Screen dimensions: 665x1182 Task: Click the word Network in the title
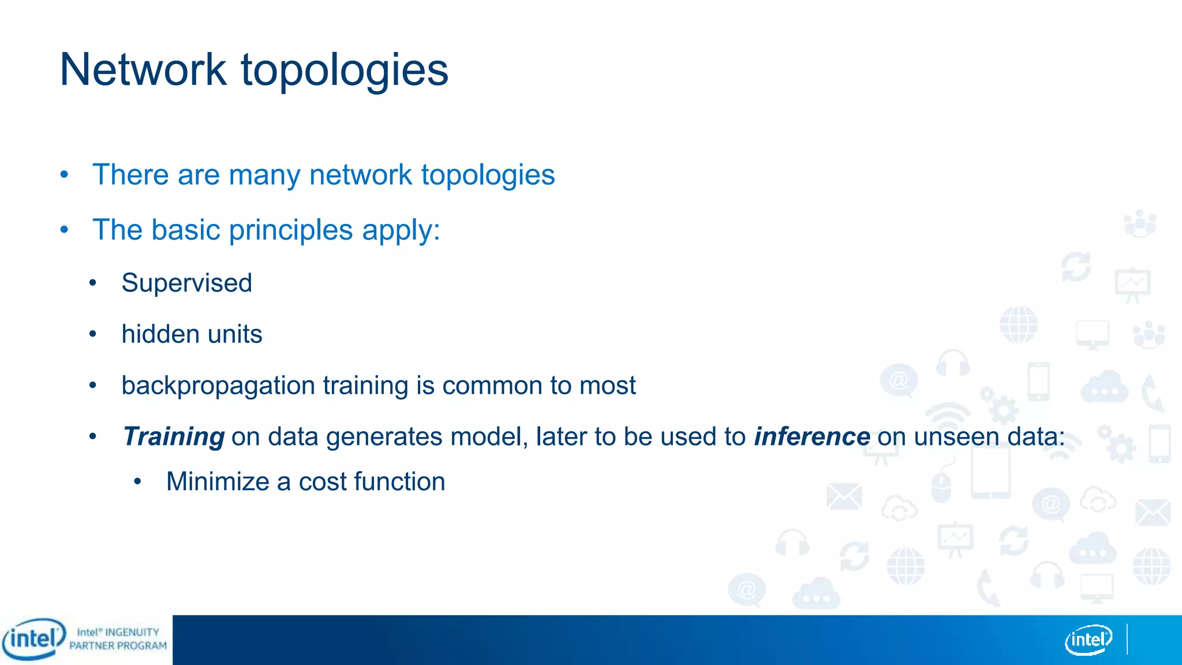(143, 70)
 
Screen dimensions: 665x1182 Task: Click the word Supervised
(186, 283)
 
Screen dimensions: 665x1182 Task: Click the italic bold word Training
(174, 437)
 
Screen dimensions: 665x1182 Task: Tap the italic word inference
(811, 437)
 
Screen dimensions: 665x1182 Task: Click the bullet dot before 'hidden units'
(93, 334)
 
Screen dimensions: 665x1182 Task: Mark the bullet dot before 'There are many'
(65, 174)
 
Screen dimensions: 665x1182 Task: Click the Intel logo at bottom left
(33, 639)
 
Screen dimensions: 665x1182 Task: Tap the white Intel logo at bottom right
(1088, 640)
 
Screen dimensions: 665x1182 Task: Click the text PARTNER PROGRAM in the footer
(118, 646)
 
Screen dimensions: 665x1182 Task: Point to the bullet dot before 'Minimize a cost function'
(137, 481)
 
